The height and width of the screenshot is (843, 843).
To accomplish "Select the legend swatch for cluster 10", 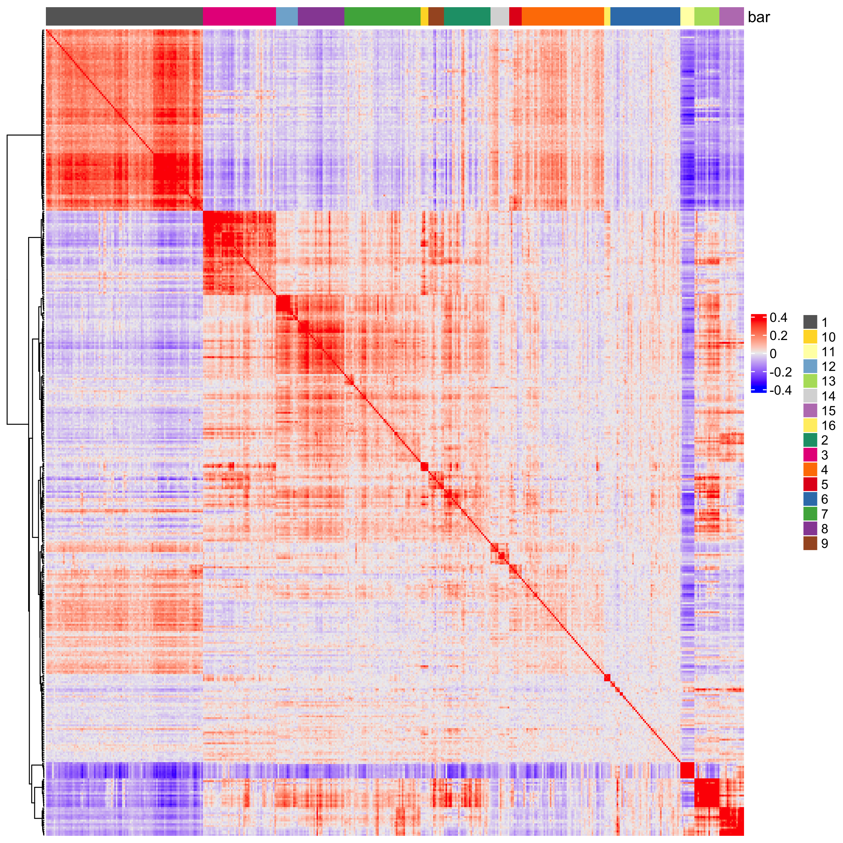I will [x=810, y=337].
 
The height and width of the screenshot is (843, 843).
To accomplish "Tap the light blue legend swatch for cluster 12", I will [x=810, y=366].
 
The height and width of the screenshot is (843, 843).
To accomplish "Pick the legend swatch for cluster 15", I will [x=810, y=411].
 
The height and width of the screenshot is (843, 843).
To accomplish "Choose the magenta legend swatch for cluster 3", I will [x=810, y=455].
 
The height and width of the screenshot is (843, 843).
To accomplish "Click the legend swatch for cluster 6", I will [x=810, y=499].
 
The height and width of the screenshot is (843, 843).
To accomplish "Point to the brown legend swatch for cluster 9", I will [x=810, y=543].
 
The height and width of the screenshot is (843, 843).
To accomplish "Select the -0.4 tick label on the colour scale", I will [x=781, y=390].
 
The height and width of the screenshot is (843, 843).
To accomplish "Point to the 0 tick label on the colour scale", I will [x=773, y=354].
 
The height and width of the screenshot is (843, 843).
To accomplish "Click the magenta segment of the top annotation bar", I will [x=239, y=17].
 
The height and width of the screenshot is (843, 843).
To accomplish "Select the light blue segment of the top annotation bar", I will [x=287, y=17].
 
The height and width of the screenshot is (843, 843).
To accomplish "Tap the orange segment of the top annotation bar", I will [x=563, y=17].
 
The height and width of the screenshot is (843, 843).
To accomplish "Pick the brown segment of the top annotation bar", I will [x=436, y=17].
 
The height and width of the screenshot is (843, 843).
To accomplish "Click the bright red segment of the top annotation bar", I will [x=515, y=17].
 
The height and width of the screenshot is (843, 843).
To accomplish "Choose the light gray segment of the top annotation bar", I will [x=500, y=17].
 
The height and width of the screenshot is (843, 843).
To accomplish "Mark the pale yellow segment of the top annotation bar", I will [x=687, y=17].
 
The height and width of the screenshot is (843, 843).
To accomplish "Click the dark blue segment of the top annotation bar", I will [x=645, y=17].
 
